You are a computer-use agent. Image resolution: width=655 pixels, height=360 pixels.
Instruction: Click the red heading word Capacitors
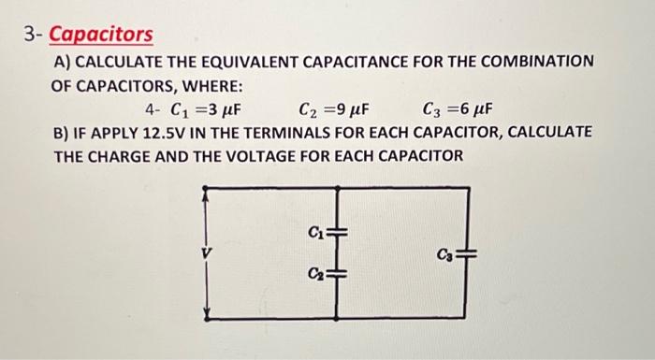(x=100, y=35)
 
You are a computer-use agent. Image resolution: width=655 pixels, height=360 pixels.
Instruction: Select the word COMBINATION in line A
(x=532, y=61)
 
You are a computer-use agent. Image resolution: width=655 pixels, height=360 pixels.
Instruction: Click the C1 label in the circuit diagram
(x=314, y=230)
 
